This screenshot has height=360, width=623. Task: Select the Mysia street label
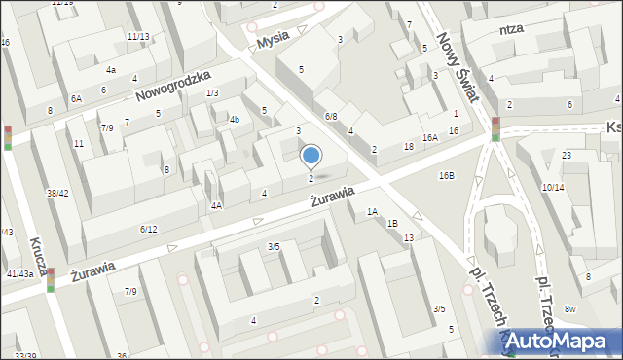tap(274, 42)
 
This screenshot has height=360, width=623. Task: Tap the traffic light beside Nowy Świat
tap(495, 128)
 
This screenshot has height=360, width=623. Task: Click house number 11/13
tap(138, 37)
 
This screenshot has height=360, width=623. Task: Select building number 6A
tap(77, 99)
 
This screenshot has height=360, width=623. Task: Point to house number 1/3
tap(212, 92)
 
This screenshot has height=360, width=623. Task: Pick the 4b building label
tap(234, 120)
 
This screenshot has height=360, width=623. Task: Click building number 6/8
tap(331, 117)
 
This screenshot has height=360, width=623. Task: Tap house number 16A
tap(430, 138)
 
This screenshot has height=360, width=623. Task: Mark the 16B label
tap(447, 176)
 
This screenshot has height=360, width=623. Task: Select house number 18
tap(409, 146)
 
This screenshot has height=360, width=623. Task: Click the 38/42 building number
tap(57, 193)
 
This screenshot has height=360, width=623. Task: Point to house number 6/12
tap(148, 230)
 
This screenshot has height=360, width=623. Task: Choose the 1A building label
tap(372, 211)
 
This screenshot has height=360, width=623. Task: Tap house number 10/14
tap(553, 187)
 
